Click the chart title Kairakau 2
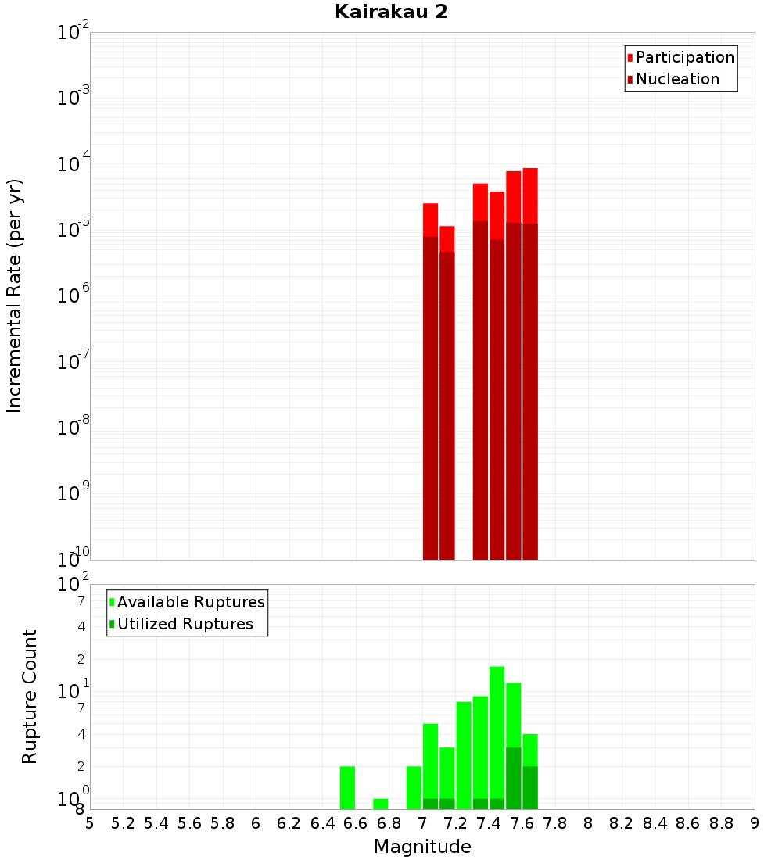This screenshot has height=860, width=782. (391, 12)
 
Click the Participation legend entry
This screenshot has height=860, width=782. (685, 57)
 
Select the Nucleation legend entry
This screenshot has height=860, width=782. (677, 79)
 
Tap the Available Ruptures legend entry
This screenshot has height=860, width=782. (191, 602)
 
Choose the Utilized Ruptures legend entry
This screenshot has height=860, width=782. (185, 624)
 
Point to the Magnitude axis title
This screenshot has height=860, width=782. (422, 847)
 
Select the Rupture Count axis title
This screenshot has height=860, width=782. (30, 697)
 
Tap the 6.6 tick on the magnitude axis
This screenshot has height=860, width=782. (356, 823)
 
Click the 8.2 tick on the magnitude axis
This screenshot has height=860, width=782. (622, 823)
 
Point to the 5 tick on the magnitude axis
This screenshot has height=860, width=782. (90, 823)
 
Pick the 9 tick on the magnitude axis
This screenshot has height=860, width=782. (755, 823)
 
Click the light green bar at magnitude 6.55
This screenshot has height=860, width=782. (347, 787)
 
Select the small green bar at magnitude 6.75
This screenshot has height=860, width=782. (381, 804)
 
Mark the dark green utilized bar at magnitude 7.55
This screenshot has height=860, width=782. (513, 778)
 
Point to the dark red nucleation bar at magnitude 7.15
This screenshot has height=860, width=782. (447, 407)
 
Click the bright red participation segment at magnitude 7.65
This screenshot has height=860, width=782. (530, 195)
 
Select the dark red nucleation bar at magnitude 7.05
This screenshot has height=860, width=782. (430, 399)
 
